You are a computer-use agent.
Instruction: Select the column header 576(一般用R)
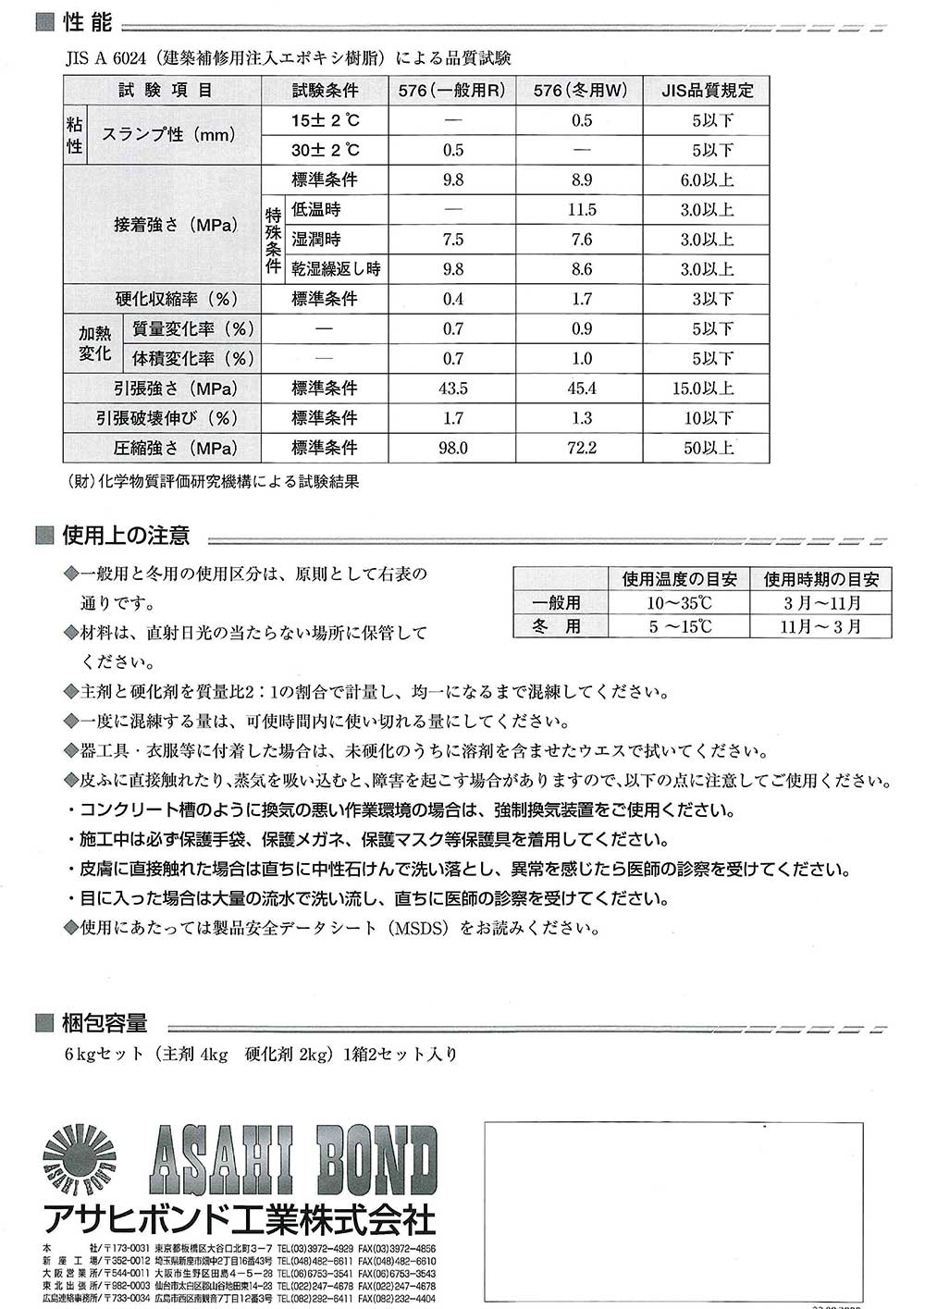click(x=452, y=91)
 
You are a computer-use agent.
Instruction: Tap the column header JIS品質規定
click(x=708, y=91)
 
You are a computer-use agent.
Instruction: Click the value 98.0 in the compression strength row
click(x=453, y=448)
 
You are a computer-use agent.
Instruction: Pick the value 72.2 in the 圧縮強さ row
click(x=581, y=448)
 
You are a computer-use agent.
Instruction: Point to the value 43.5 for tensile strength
click(x=453, y=389)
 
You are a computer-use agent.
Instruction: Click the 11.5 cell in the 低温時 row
click(x=581, y=210)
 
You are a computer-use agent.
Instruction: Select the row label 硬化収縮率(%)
click(x=176, y=299)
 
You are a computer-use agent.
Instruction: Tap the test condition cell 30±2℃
click(x=325, y=150)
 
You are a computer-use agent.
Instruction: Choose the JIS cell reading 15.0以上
click(x=705, y=389)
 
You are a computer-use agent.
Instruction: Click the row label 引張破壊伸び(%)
click(x=166, y=418)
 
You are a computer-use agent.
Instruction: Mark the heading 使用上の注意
click(x=125, y=536)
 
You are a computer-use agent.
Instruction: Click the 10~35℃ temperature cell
click(x=679, y=603)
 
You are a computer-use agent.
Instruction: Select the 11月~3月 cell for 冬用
click(x=820, y=626)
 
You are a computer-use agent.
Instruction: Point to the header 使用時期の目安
click(x=820, y=579)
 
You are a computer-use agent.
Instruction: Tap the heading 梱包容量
click(x=105, y=1023)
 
